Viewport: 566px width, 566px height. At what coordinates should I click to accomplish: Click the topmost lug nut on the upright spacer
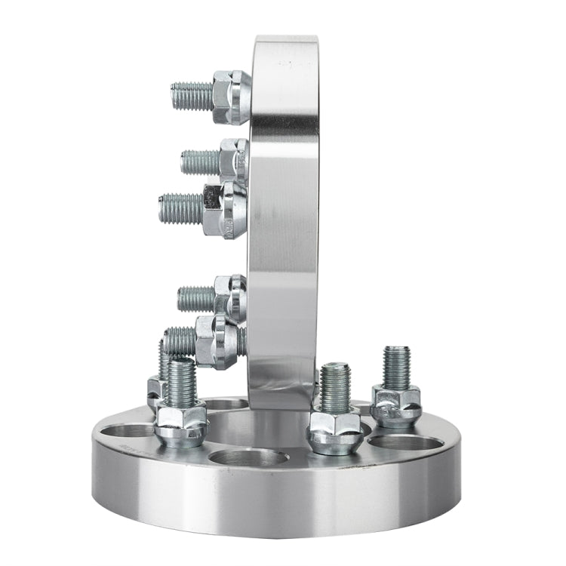pos(231,96)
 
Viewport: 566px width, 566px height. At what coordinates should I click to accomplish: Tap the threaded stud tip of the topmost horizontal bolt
pos(191,96)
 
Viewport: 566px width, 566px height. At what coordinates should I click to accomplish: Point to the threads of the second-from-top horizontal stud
pos(200,161)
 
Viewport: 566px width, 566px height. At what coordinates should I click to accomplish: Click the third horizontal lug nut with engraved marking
pos(225,209)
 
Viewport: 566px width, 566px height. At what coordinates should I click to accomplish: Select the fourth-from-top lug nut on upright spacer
pos(230,297)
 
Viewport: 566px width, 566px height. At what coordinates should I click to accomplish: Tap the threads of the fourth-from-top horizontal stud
pos(196,298)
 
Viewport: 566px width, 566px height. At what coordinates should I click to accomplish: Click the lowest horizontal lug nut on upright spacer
pos(217,341)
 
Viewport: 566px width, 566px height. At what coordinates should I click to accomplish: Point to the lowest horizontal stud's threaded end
pos(180,341)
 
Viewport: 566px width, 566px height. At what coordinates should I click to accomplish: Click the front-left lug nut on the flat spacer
pos(180,424)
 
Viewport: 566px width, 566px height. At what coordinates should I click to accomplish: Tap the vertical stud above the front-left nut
pos(181,383)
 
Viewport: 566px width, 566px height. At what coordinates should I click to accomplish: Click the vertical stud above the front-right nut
pos(335,387)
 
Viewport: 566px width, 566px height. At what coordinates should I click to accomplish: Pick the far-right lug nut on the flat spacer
pos(396,405)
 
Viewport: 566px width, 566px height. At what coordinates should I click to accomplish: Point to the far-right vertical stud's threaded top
pos(396,367)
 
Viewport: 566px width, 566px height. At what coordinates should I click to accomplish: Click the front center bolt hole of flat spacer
pos(249,460)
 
